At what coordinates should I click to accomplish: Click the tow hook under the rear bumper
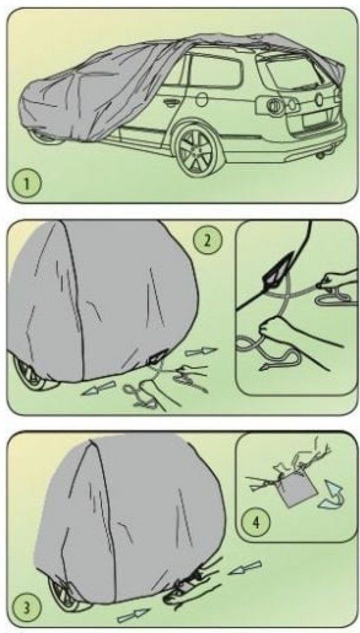point(322,156)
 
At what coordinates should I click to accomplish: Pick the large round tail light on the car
point(274,104)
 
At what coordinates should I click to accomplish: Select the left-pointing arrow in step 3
point(245,568)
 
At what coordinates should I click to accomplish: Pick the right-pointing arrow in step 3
point(133,615)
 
